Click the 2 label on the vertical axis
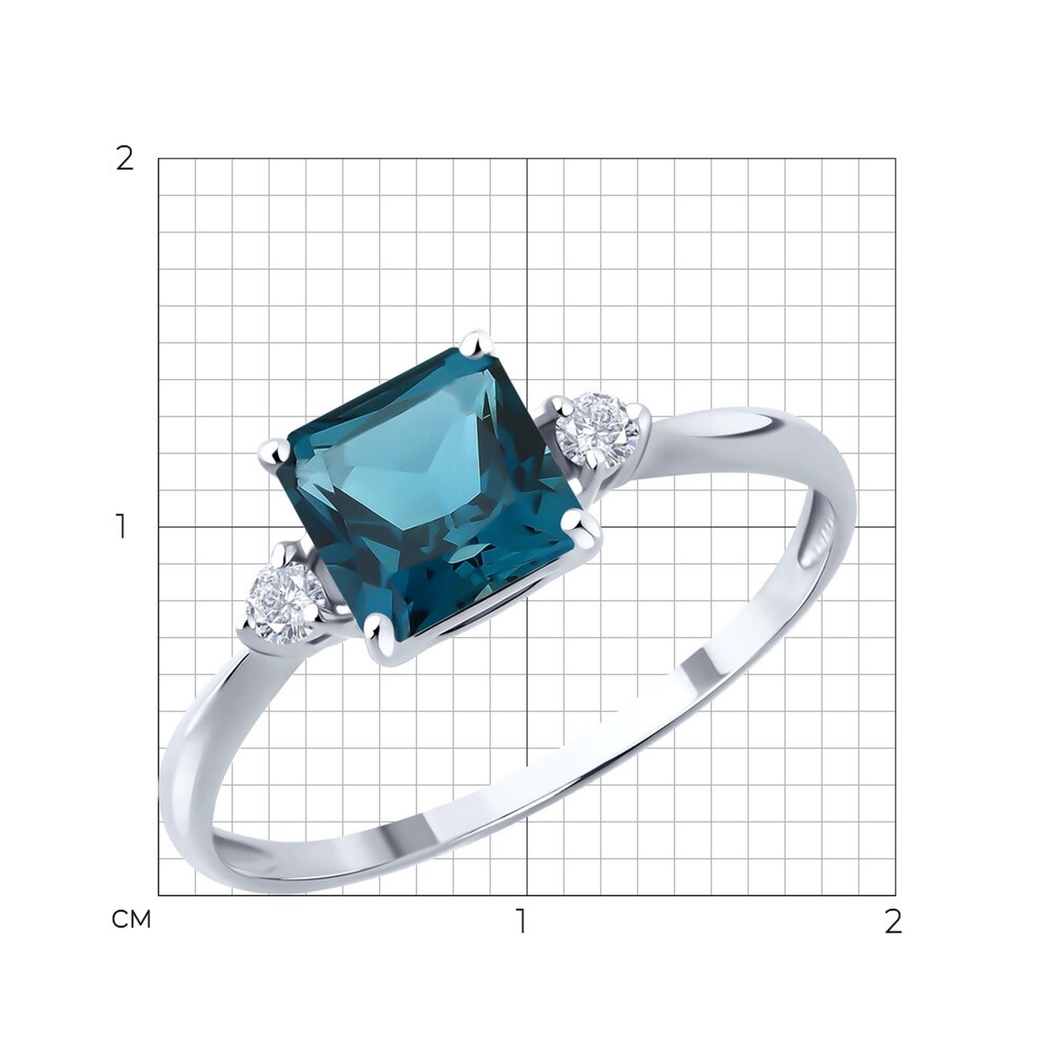coord(125,159)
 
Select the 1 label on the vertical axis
coord(121,526)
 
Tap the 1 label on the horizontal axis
coord(522,920)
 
